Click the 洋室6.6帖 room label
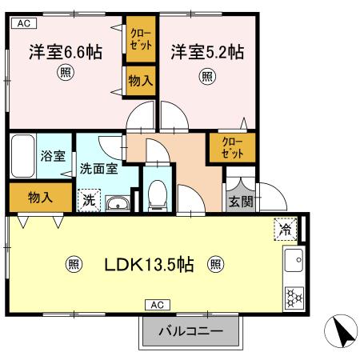[66, 53]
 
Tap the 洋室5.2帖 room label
[206, 53]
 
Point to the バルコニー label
[190, 330]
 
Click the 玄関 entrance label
[239, 200]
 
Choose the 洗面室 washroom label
[99, 169]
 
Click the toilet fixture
[158, 193]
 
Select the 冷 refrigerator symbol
[285, 229]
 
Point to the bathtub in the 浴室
[22, 156]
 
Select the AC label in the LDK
[157, 305]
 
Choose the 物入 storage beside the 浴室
[35, 197]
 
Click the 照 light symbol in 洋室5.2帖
[206, 77]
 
